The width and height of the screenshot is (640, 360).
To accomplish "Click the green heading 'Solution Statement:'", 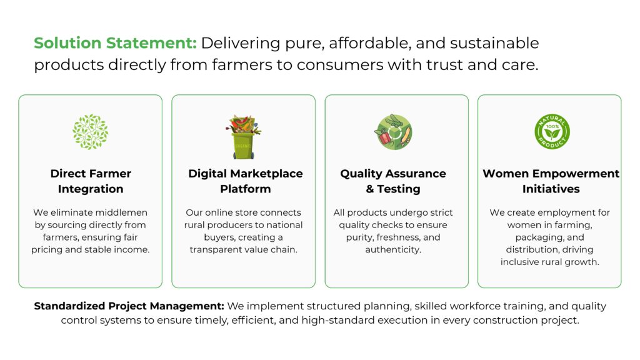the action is (x=115, y=43).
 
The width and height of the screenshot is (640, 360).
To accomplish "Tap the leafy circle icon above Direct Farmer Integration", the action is (x=90, y=132).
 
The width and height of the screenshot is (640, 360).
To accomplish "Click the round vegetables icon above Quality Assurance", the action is (x=394, y=132).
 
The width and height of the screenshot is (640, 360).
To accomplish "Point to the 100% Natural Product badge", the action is (x=552, y=131).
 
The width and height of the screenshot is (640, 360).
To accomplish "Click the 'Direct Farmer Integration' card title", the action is (x=91, y=181).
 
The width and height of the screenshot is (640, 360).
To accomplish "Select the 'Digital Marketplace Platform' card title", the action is (x=245, y=181).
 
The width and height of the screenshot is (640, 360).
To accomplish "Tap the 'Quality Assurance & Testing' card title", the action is (x=393, y=181).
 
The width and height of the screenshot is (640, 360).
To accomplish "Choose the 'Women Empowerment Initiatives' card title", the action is (x=551, y=181).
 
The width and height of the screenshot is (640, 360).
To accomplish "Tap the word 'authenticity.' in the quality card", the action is (x=393, y=249).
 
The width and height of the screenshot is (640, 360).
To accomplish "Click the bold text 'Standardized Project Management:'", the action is (x=129, y=306).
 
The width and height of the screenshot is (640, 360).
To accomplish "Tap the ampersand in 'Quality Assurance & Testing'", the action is (x=370, y=189).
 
